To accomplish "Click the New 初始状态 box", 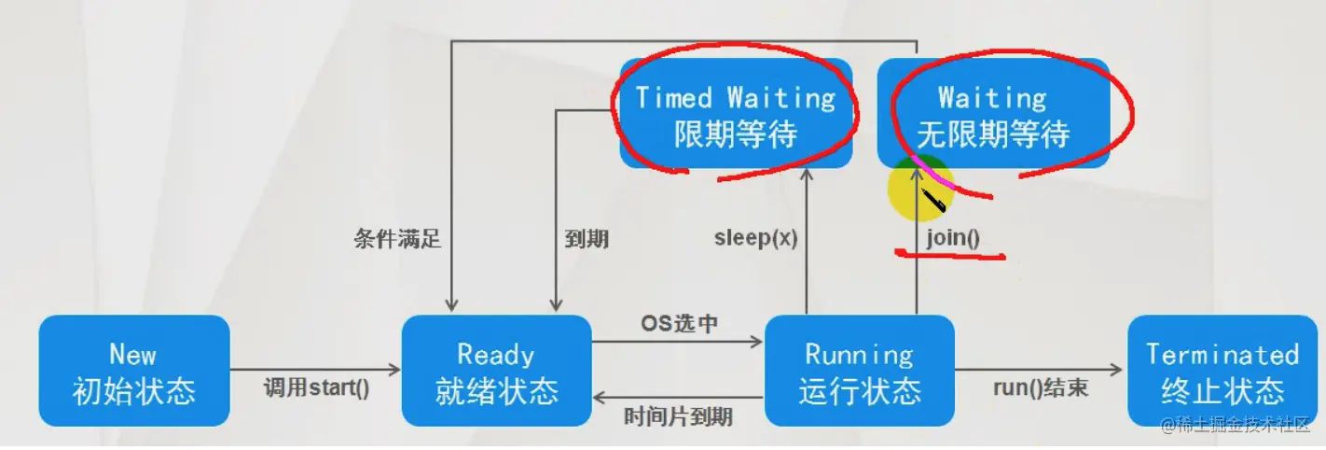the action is click(134, 372).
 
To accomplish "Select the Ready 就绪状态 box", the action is click(496, 372).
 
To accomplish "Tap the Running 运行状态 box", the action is click(859, 372).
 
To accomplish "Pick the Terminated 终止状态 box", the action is click(1222, 372).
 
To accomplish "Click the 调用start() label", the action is click(316, 387).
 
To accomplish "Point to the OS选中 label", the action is click(679, 323).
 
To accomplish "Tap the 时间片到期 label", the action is click(678, 415).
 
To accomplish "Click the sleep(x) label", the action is click(755, 237).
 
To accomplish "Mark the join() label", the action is click(953, 237).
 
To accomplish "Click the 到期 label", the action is click(587, 239).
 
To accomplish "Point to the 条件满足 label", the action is click(397, 239).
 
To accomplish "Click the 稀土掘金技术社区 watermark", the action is click(1235, 426).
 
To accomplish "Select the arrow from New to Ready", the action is click(316, 366).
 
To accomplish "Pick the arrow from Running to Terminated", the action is click(1041, 366).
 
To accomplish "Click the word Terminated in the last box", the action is click(1222, 355).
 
